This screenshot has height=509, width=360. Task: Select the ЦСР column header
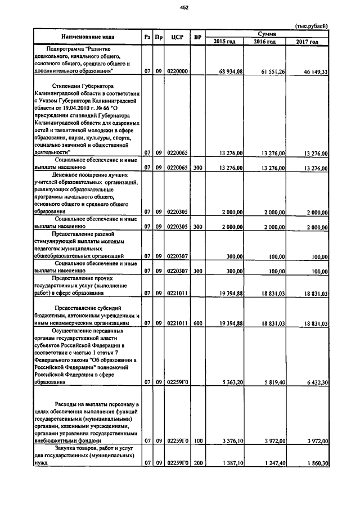coord(175,37)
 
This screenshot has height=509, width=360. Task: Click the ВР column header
coord(197,37)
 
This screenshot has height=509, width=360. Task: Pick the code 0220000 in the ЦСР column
coord(176,72)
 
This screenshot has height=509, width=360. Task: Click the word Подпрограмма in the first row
coord(66,49)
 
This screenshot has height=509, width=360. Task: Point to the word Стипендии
coord(66,86)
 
